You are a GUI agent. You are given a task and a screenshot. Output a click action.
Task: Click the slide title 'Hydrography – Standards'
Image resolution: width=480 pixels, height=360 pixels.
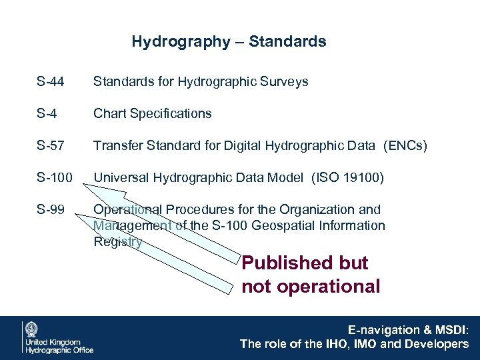point(229,41)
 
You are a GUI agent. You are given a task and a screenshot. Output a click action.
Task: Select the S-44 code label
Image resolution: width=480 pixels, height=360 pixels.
point(51,82)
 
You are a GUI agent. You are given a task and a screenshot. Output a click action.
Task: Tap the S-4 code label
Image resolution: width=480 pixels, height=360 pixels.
point(47,114)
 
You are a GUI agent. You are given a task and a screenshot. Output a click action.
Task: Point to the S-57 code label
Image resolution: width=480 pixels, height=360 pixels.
point(51,146)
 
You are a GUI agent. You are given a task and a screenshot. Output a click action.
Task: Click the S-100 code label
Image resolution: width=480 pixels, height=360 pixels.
point(54,178)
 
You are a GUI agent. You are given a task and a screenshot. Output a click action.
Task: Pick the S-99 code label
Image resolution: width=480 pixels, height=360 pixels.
point(51,210)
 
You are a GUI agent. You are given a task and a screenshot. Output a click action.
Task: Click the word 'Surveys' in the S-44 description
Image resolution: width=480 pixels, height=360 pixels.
point(286,82)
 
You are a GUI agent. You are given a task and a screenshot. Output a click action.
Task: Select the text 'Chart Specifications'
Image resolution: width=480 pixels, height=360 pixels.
point(152,114)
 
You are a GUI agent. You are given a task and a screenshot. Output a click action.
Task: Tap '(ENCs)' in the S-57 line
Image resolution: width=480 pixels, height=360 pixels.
point(405,146)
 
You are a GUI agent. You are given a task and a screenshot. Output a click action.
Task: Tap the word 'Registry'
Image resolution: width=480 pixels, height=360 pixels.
point(117,242)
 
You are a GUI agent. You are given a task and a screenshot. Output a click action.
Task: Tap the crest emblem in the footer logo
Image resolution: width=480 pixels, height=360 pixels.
point(31,329)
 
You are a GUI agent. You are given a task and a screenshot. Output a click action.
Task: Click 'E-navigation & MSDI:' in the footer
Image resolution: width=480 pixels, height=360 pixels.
point(409,330)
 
